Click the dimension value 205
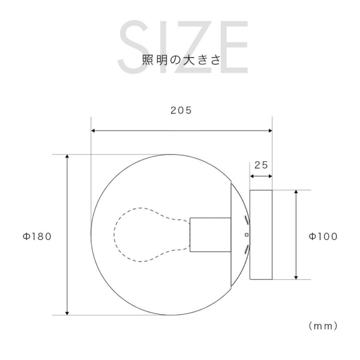click(181, 110)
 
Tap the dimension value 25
click(261, 165)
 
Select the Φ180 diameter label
click(37, 236)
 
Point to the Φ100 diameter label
click(323, 236)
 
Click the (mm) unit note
click(323, 326)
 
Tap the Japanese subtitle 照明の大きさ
click(181, 60)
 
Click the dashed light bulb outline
click(114, 235)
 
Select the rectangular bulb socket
click(211, 235)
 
